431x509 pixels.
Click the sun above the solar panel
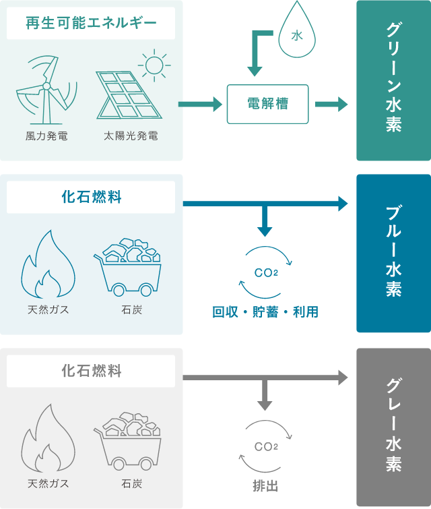pos(154,65)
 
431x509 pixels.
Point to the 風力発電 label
pos(46,136)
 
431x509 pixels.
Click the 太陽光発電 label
pos(131,136)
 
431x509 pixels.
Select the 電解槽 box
pos(267,104)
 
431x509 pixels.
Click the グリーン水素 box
pos(393,80)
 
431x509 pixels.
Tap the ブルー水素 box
pos(393,253)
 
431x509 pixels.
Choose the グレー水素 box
pos(393,427)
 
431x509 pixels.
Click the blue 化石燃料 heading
pos(91,198)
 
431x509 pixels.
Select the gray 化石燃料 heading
pos(91,371)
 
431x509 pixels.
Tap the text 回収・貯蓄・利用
pos(265,312)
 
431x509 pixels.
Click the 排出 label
pos(265,485)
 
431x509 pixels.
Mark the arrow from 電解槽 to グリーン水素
pos(331,104)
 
